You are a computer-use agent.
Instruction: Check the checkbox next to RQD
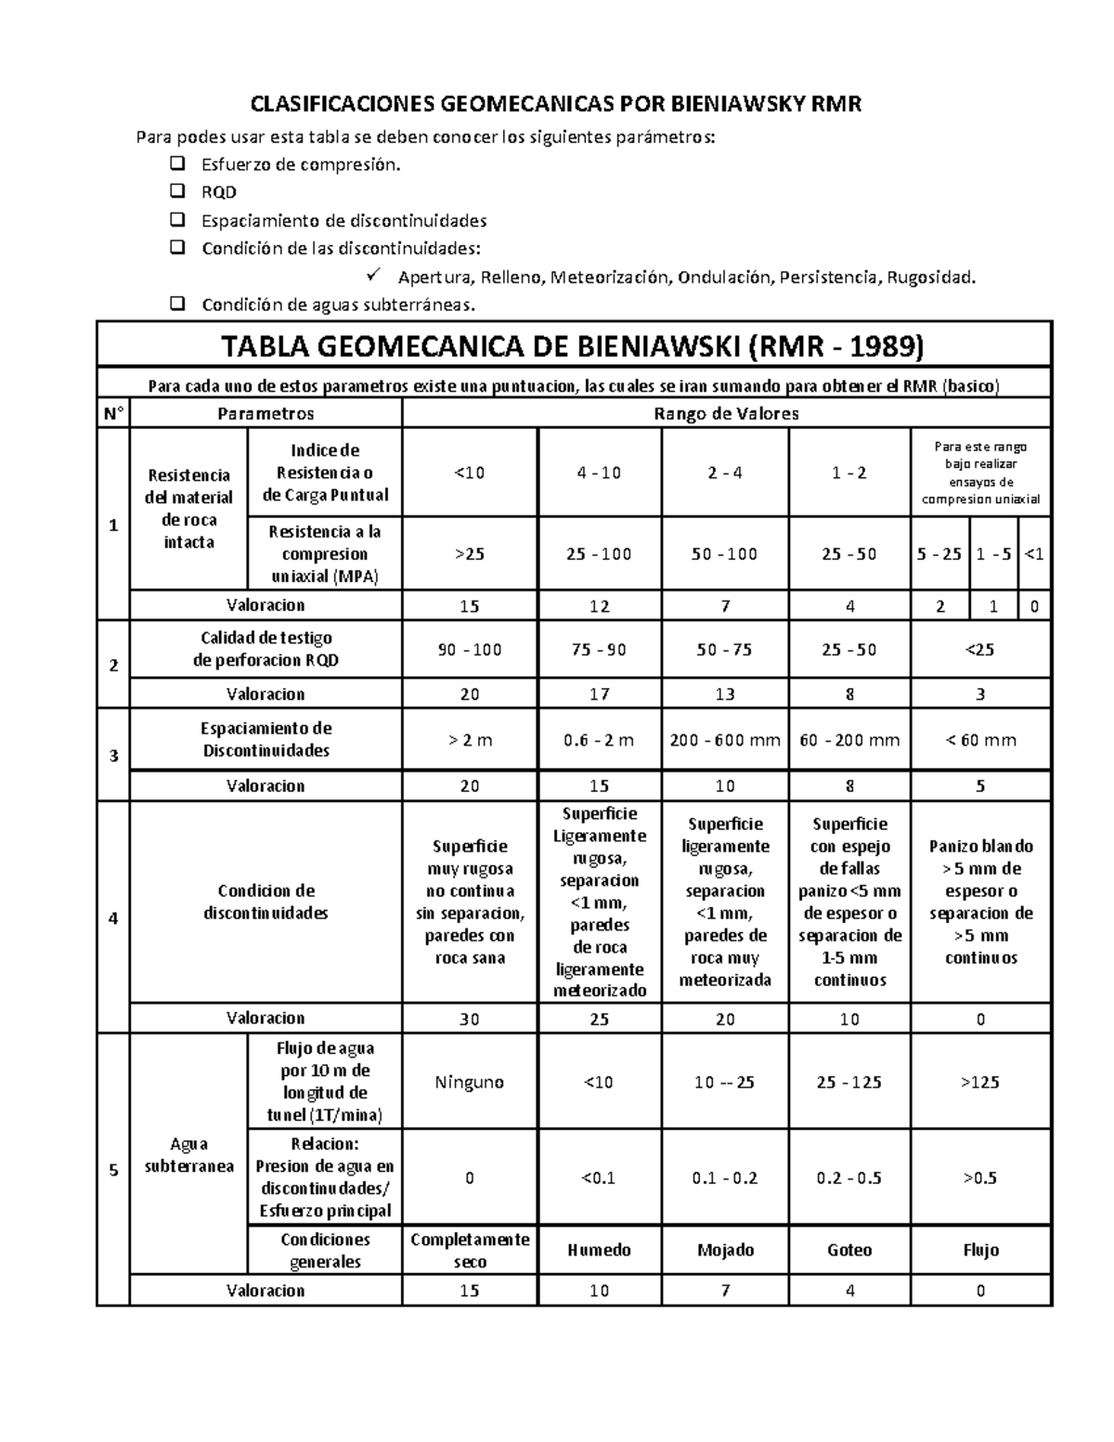177,192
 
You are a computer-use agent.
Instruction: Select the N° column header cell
113,413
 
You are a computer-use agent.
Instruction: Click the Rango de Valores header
726,413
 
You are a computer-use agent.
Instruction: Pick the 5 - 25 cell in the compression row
939,554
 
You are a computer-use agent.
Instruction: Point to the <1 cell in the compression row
1034,554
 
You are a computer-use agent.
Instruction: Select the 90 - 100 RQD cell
470,650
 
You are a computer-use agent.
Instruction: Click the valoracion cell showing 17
600,694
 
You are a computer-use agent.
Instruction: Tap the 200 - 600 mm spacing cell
725,740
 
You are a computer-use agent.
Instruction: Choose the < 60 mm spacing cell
980,740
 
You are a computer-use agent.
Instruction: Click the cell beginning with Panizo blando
980,902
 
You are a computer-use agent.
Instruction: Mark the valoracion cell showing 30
470,1019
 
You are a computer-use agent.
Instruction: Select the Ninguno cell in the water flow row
470,1082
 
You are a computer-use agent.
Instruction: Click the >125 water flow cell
980,1082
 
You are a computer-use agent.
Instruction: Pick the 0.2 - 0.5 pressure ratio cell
848,1177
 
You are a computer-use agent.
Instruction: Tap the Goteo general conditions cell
848,1250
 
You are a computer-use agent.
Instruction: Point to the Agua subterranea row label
188,1154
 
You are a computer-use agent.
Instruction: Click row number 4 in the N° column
113,918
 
